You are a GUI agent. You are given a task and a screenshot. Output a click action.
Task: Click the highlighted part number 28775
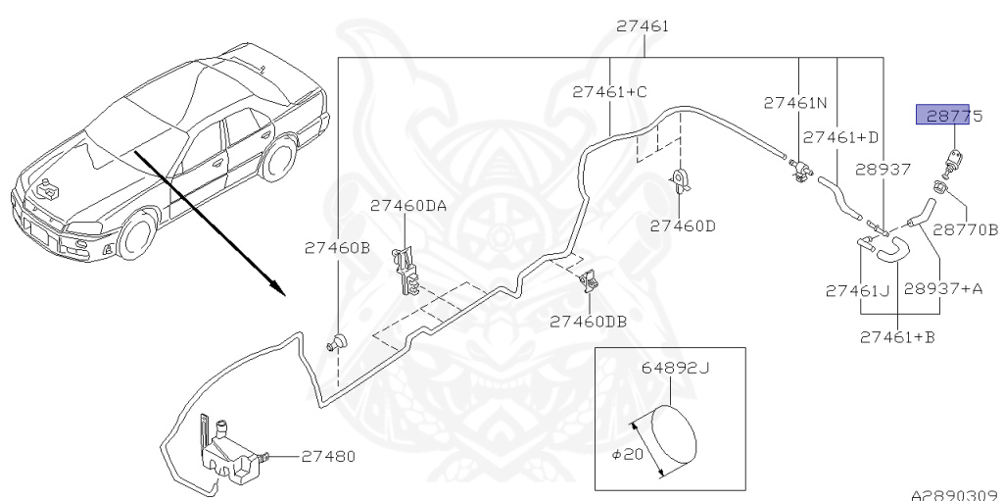(x=942, y=117)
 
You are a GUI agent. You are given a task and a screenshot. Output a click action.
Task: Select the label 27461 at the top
(x=643, y=26)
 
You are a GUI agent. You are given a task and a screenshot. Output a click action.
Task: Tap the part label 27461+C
(x=610, y=92)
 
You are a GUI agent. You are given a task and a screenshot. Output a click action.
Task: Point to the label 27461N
(x=795, y=102)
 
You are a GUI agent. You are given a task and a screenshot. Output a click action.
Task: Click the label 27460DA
(x=408, y=206)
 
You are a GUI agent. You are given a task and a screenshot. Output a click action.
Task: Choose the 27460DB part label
(x=588, y=321)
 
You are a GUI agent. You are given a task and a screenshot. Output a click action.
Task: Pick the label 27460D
(x=684, y=225)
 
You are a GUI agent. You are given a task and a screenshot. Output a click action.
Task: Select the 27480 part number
(x=328, y=456)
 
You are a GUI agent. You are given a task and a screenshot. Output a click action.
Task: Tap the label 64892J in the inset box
(x=675, y=370)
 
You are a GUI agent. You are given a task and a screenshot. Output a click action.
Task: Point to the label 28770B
(x=965, y=230)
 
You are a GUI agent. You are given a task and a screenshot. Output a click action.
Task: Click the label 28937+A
(x=941, y=290)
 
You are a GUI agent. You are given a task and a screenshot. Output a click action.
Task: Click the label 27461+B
(x=898, y=338)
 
